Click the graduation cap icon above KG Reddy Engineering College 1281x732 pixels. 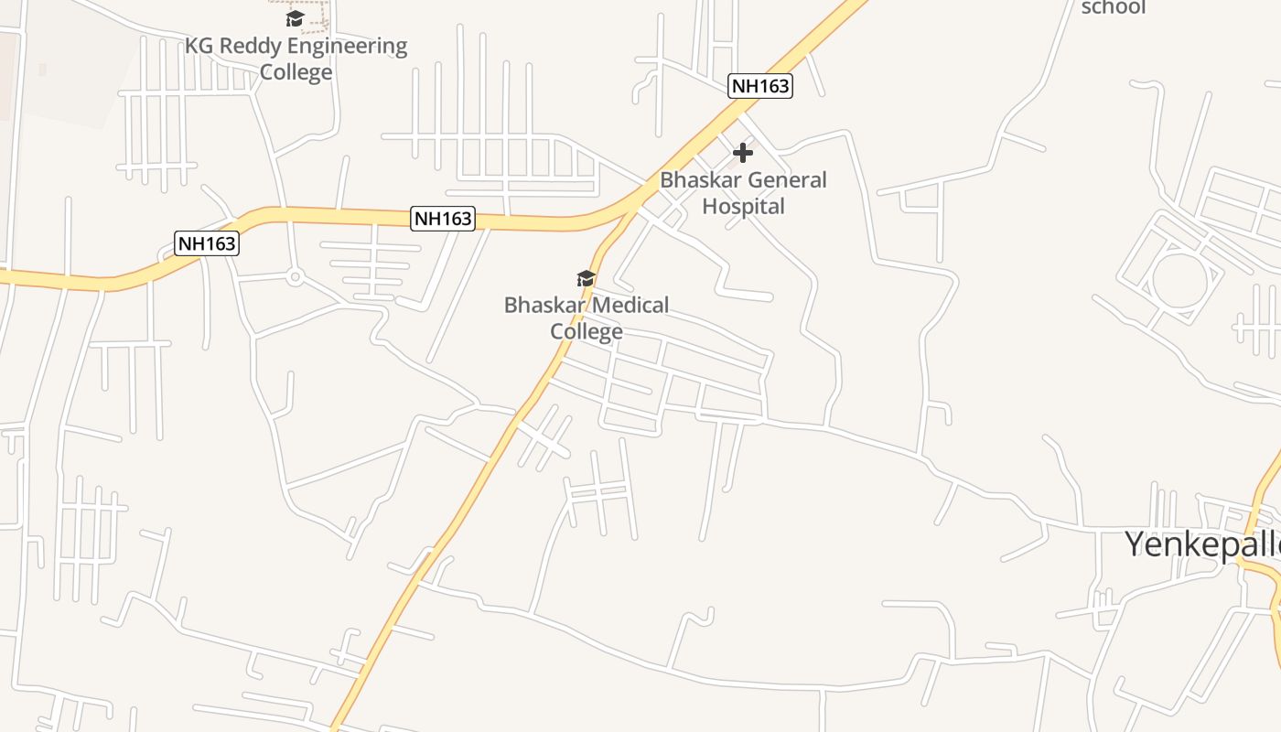(295, 18)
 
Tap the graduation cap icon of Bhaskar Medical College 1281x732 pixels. (586, 278)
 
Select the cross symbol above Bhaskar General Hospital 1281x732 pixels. (743, 152)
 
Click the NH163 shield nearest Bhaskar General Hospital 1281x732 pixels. (759, 86)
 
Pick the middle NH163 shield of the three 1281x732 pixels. (443, 218)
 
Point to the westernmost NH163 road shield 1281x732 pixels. (207, 243)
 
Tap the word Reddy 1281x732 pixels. (249, 46)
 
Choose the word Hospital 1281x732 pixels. (743, 206)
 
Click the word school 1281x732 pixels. (1113, 7)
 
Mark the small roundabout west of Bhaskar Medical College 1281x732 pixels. (295, 276)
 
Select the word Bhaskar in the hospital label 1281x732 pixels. (698, 179)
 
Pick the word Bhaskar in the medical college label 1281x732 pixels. (543, 305)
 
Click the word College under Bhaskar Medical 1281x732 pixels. (587, 331)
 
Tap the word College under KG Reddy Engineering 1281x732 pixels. (296, 71)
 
